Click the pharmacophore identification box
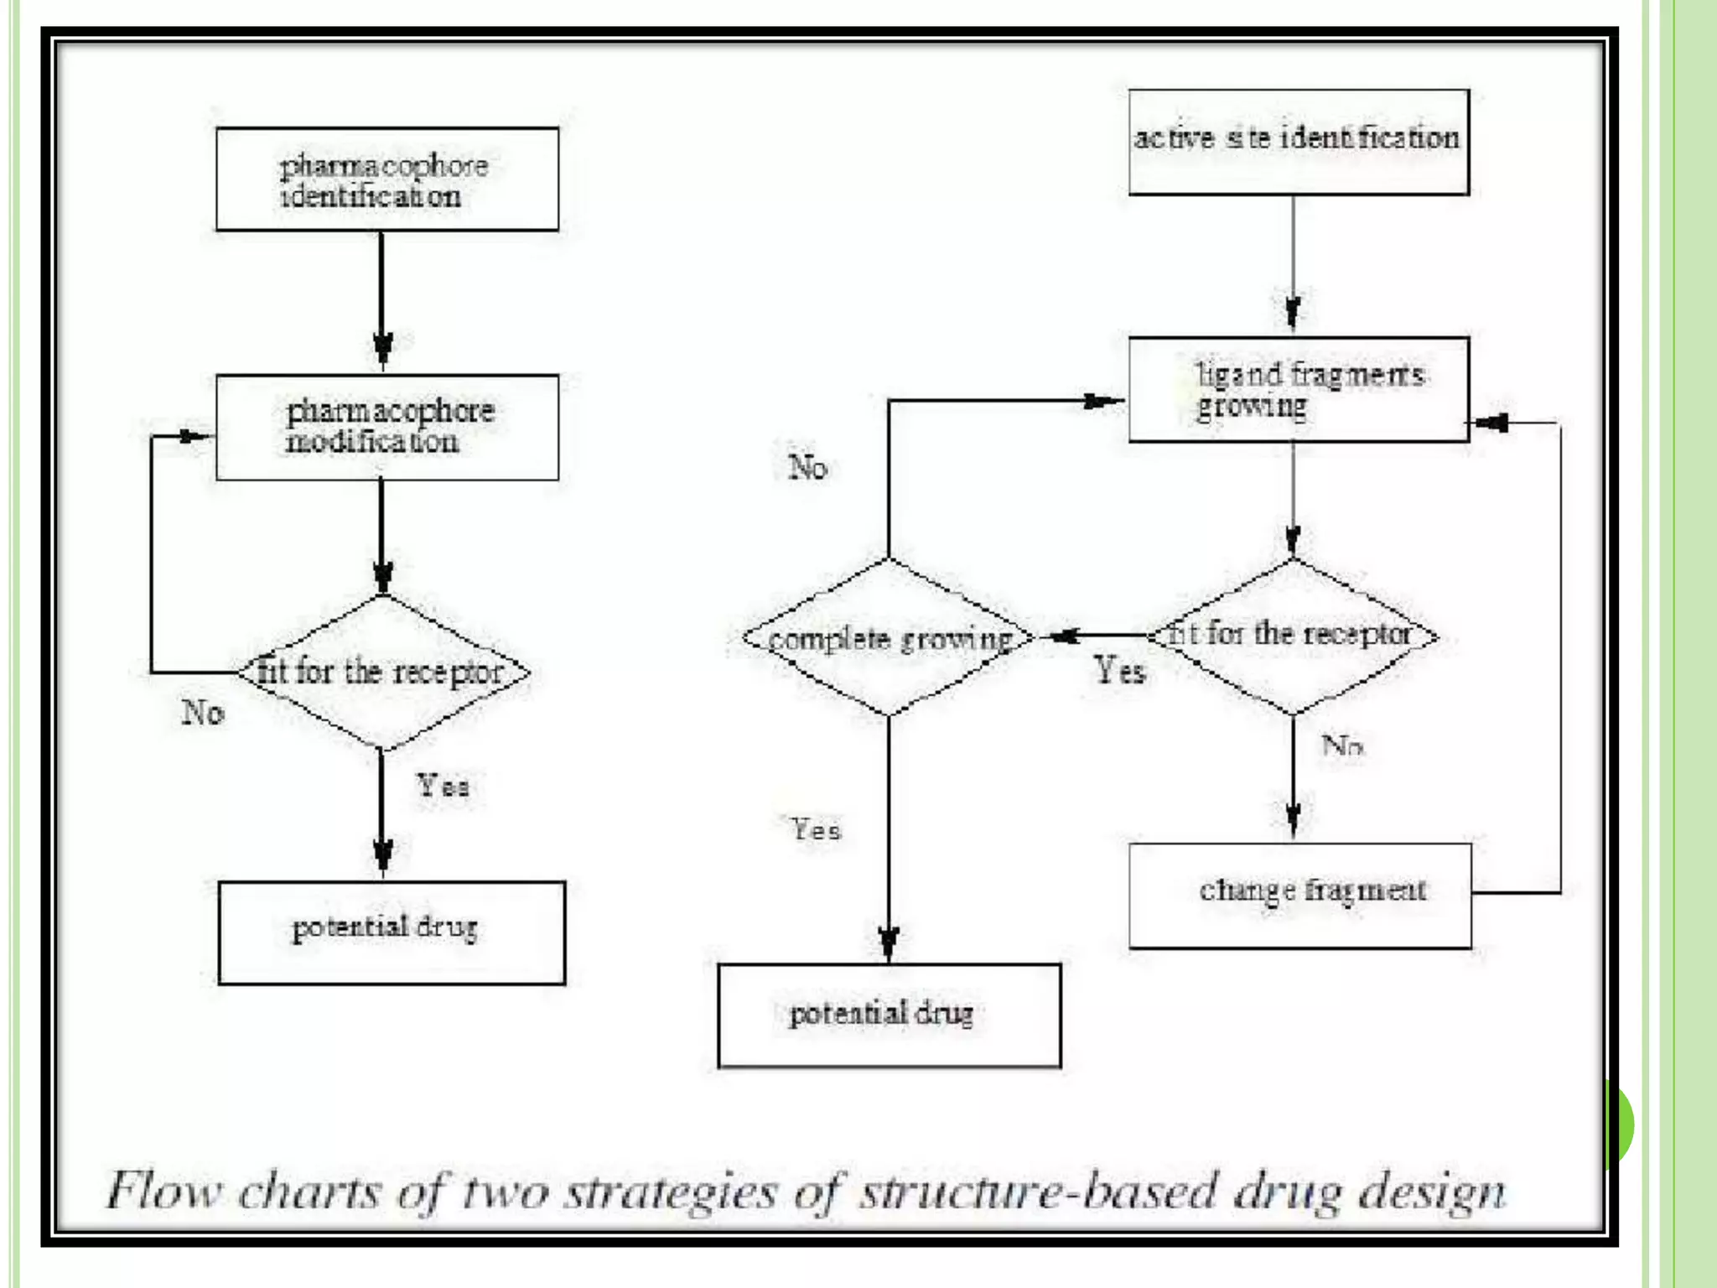(386, 179)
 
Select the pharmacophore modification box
(386, 427)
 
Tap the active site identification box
(1298, 143)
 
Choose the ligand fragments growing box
(1298, 390)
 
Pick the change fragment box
(1299, 896)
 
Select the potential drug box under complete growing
(889, 1015)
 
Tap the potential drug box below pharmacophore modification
(391, 932)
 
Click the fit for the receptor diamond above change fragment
(1293, 636)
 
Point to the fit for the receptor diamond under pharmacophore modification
(382, 673)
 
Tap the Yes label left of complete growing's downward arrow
(816, 830)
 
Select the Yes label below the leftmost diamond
(444, 787)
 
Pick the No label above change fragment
(1342, 745)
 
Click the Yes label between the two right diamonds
(1119, 671)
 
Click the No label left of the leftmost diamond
(203, 713)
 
